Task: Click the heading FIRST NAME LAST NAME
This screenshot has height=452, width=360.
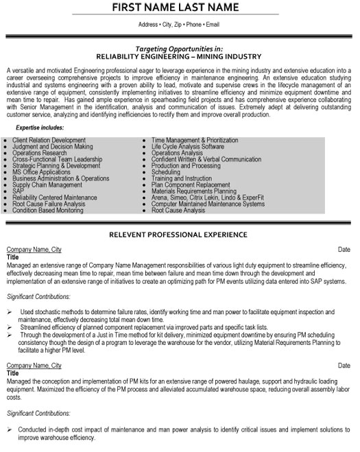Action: [x=180, y=8]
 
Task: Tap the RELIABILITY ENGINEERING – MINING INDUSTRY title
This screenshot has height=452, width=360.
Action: [x=180, y=58]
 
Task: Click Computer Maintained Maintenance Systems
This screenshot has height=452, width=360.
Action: [x=208, y=204]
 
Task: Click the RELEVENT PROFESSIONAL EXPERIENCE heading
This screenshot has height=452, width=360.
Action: [x=180, y=234]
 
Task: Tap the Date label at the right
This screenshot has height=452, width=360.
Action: [x=344, y=250]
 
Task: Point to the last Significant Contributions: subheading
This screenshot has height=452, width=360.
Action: [x=38, y=414]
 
